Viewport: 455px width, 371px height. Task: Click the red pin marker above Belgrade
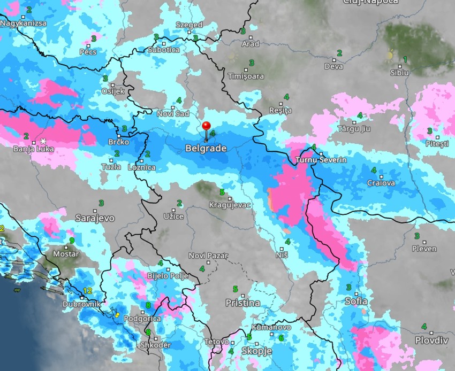click(207, 127)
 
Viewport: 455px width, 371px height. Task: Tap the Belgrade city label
click(206, 148)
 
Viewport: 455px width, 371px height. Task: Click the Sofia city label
click(356, 300)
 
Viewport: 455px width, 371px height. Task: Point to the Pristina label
click(242, 303)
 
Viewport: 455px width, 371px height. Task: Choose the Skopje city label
click(256, 351)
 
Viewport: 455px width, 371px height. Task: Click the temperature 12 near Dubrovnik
click(88, 290)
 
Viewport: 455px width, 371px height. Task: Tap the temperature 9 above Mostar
click(72, 240)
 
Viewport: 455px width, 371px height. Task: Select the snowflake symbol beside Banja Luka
click(43, 141)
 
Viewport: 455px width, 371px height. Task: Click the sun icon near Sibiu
click(390, 55)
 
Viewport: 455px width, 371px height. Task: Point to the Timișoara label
click(246, 76)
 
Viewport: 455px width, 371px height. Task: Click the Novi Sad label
click(173, 113)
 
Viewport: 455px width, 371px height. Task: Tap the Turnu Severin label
click(322, 160)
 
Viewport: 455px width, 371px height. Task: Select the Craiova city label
click(381, 183)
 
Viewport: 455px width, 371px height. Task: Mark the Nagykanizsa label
click(24, 24)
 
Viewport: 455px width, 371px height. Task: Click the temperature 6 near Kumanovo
click(281, 337)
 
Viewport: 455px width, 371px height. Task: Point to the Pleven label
click(424, 249)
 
